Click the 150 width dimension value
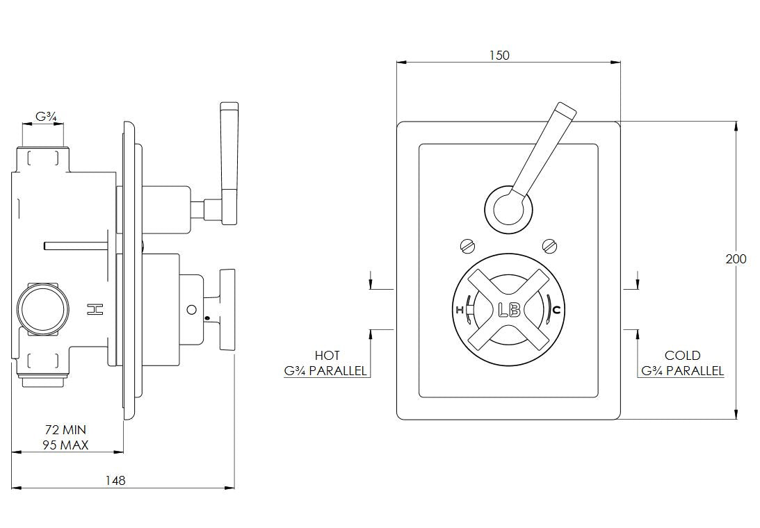499,56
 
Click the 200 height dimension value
735,259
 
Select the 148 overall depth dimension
116,480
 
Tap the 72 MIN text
65,430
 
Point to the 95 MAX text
65,445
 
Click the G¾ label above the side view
46,117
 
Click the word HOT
328,356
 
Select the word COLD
682,356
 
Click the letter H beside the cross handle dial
460,311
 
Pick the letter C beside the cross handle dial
556,310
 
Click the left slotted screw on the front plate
467,245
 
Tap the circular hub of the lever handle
508,207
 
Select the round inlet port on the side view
42,308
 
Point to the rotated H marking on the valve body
94,310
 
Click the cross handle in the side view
228,310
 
